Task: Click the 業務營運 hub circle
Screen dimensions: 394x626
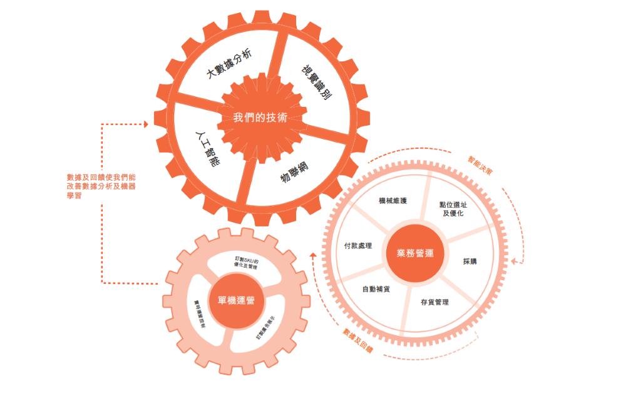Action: (415, 253)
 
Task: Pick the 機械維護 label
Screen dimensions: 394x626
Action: (393, 201)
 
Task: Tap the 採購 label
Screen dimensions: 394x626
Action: (469, 261)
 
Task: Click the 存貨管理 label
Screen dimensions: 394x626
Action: (434, 302)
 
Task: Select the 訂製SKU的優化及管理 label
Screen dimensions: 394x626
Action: (246, 262)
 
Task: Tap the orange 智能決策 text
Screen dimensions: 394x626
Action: (480, 166)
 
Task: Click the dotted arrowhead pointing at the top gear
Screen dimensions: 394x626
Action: (146, 124)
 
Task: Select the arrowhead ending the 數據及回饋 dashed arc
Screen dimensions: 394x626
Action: (312, 256)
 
